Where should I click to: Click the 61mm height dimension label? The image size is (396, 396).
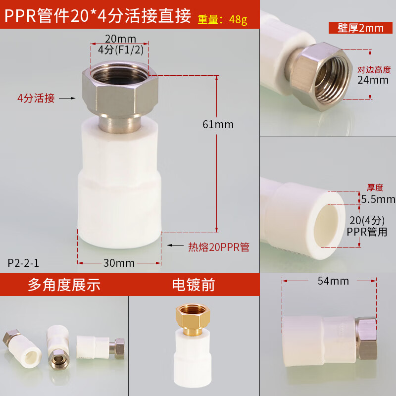tap(218, 124)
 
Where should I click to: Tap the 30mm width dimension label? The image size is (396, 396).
tap(119, 263)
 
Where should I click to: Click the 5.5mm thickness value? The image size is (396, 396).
tap(379, 199)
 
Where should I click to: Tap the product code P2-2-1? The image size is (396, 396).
tap(23, 262)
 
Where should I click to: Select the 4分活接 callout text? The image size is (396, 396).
tap(36, 98)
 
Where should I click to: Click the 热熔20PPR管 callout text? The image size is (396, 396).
tap(218, 247)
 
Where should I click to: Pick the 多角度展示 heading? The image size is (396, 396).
tap(64, 285)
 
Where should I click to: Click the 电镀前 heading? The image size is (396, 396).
tap(194, 285)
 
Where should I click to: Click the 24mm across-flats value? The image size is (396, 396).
tap(373, 80)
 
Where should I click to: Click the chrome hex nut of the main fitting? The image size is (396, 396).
tap(120, 91)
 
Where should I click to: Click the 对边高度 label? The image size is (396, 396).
tap(374, 70)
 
